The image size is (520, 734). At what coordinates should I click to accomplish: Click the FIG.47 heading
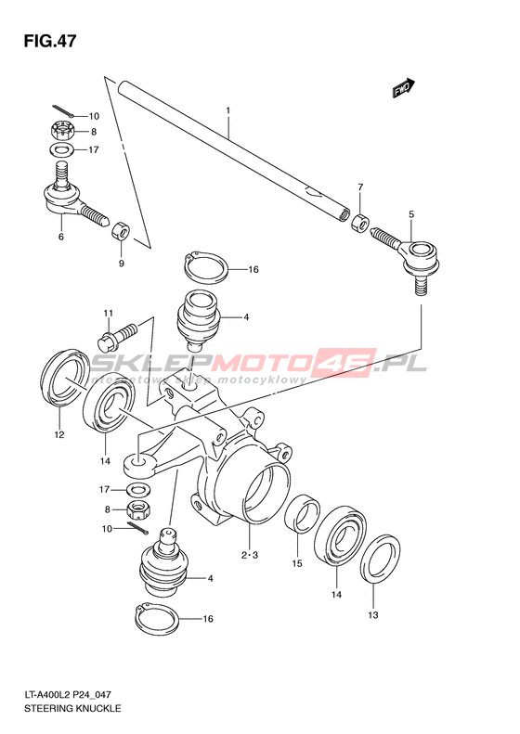pyautogui.click(x=49, y=42)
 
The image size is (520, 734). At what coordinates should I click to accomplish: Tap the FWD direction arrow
pyautogui.click(x=404, y=87)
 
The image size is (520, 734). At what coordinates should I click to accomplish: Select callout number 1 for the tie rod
pyautogui.click(x=228, y=111)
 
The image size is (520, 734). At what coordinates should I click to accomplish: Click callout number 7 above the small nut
pyautogui.click(x=360, y=187)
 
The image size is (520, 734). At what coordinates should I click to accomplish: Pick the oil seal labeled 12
pyautogui.click(x=65, y=376)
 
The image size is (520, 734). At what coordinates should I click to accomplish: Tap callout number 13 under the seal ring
pyautogui.click(x=372, y=615)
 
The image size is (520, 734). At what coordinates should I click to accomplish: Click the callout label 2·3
pyautogui.click(x=250, y=556)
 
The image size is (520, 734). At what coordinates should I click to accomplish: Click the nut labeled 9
pyautogui.click(x=121, y=230)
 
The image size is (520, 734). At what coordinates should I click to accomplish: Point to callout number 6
pyautogui.click(x=61, y=237)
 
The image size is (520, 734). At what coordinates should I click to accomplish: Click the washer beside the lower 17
pyautogui.click(x=138, y=490)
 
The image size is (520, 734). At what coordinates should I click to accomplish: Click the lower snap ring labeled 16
pyautogui.click(x=157, y=620)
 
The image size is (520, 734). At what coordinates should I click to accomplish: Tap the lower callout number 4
pyautogui.click(x=211, y=579)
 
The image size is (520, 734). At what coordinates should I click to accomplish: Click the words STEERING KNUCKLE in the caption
pyautogui.click(x=72, y=708)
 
